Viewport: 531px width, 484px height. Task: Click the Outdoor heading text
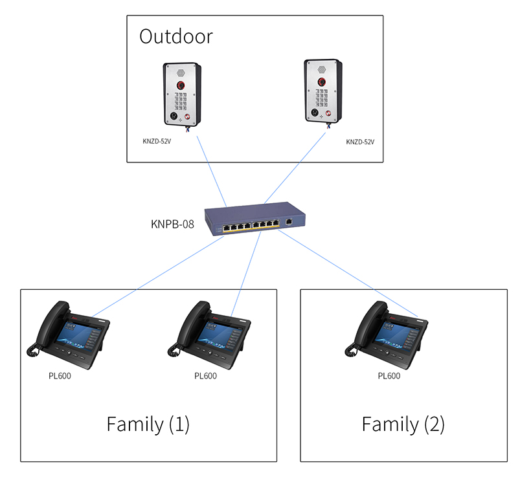coord(176,36)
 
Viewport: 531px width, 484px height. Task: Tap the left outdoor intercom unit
coord(182,94)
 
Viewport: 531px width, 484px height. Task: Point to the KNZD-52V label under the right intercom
coord(360,142)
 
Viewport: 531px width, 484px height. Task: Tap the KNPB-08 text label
coord(172,225)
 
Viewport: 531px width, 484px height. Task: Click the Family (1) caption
coord(148,424)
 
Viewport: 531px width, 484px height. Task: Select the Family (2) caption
coord(403,424)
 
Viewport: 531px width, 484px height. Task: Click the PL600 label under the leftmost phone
coord(60,376)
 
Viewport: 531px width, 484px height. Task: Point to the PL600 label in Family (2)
coord(389,376)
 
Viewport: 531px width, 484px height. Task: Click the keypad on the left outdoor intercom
coord(181,100)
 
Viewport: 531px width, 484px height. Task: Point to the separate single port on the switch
coord(289,222)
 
